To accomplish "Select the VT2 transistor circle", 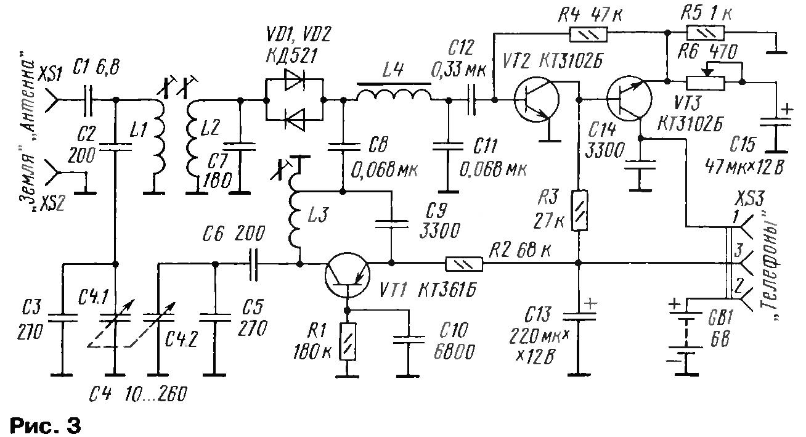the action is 537,99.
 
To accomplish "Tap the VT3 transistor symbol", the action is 629,98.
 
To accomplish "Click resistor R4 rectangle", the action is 588,35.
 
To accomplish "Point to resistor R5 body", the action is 705,33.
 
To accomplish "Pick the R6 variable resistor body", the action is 705,83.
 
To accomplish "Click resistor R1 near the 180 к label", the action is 347,341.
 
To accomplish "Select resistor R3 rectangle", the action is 579,211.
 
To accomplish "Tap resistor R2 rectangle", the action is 464,264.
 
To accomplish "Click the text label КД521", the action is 292,56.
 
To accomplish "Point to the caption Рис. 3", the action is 46,426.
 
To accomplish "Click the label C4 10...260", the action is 139,395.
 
